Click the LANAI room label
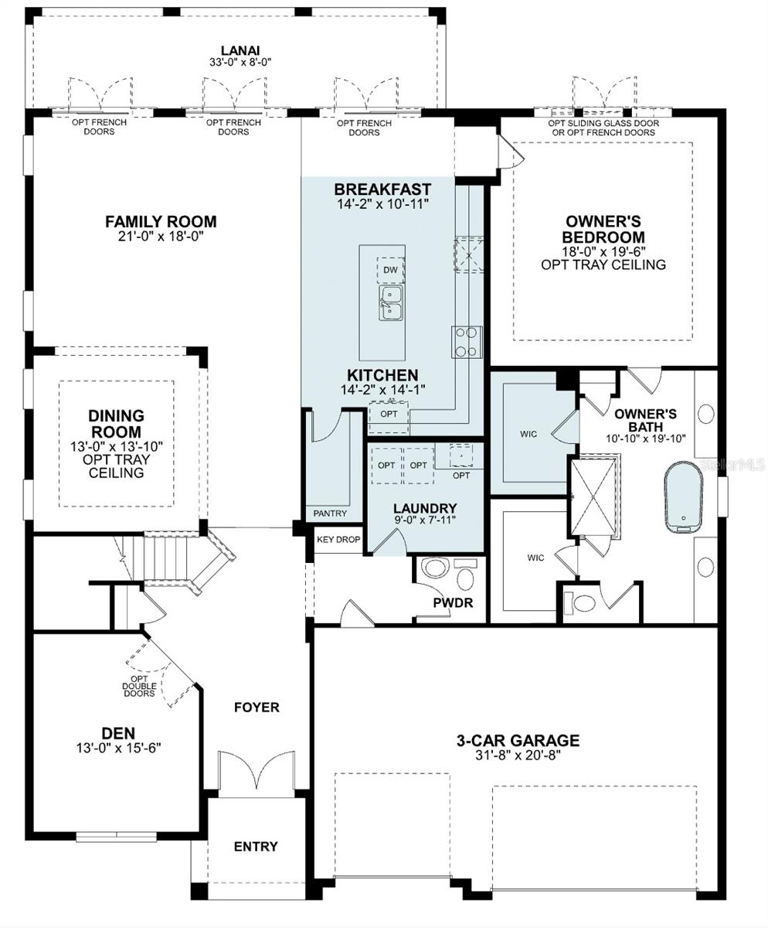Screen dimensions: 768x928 [240, 51]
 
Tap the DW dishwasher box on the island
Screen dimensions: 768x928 [390, 270]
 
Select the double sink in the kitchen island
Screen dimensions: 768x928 [390, 302]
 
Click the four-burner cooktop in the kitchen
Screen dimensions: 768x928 [467, 342]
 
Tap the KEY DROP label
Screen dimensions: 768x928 [338, 540]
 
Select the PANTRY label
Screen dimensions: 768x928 [330, 513]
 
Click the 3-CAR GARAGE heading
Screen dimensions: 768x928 [518, 740]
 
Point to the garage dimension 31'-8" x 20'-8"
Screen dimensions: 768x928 [518, 755]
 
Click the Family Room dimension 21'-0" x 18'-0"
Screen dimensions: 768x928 [161, 236]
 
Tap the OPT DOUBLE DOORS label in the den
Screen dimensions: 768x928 [139, 686]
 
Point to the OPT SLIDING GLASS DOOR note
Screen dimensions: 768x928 [603, 123]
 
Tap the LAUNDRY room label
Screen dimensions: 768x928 [425, 508]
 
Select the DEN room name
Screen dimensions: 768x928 [118, 733]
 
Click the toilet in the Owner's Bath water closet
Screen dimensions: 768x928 [580, 602]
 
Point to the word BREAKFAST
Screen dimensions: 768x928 [382, 189]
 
